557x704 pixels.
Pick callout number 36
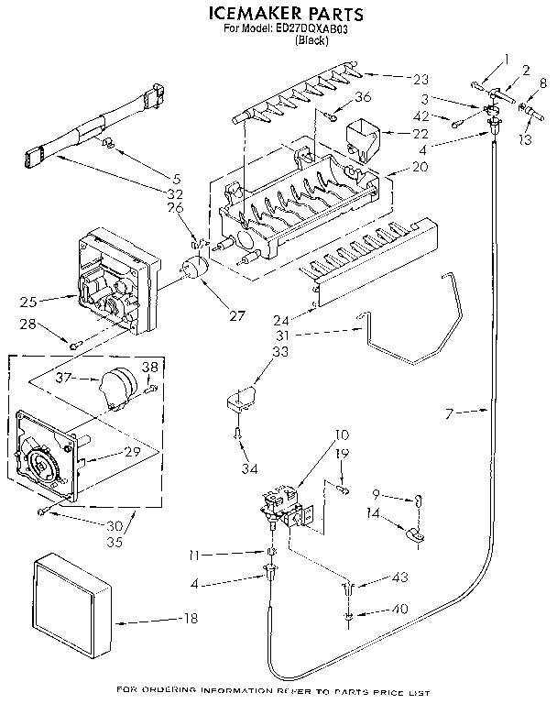(364, 98)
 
